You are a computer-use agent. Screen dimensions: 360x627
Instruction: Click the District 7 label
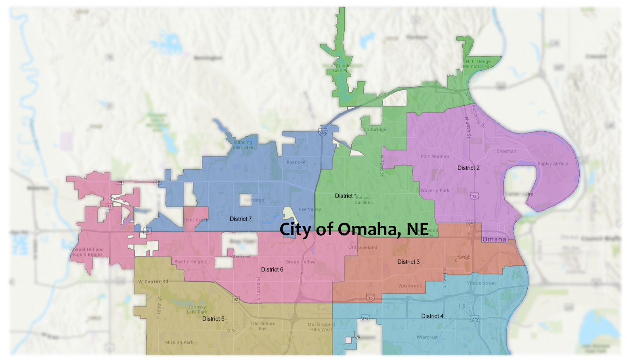pos(241,219)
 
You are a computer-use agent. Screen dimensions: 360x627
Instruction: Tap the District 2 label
pos(468,168)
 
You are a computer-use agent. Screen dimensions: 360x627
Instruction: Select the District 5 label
pos(213,319)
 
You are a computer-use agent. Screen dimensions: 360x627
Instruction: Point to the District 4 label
pos(432,316)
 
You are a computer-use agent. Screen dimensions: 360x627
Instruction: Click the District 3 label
pos(408,262)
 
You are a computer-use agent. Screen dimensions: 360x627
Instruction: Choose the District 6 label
pos(272,269)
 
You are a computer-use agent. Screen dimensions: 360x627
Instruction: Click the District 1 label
pos(346,196)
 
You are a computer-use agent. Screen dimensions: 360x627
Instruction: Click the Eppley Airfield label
pos(553,164)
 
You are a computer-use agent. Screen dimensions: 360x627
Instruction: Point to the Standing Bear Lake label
pos(243,145)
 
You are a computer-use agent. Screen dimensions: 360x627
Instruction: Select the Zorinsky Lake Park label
pos(197,309)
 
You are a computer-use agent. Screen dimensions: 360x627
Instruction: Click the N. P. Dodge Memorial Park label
pos(478,64)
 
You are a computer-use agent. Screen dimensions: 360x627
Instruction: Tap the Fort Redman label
pos(435,156)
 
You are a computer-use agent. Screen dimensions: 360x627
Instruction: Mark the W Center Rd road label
pos(153,282)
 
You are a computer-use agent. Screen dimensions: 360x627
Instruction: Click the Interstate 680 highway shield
pos(323,133)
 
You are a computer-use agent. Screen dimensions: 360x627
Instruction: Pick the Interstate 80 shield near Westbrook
pos(370,299)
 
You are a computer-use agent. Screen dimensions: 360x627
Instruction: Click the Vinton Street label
pos(481,283)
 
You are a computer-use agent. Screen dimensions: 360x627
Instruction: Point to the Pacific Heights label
pos(191,262)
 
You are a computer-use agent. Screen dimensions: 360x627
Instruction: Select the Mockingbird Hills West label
pos(321,327)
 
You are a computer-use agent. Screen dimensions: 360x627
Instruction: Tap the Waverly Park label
pos(435,191)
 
